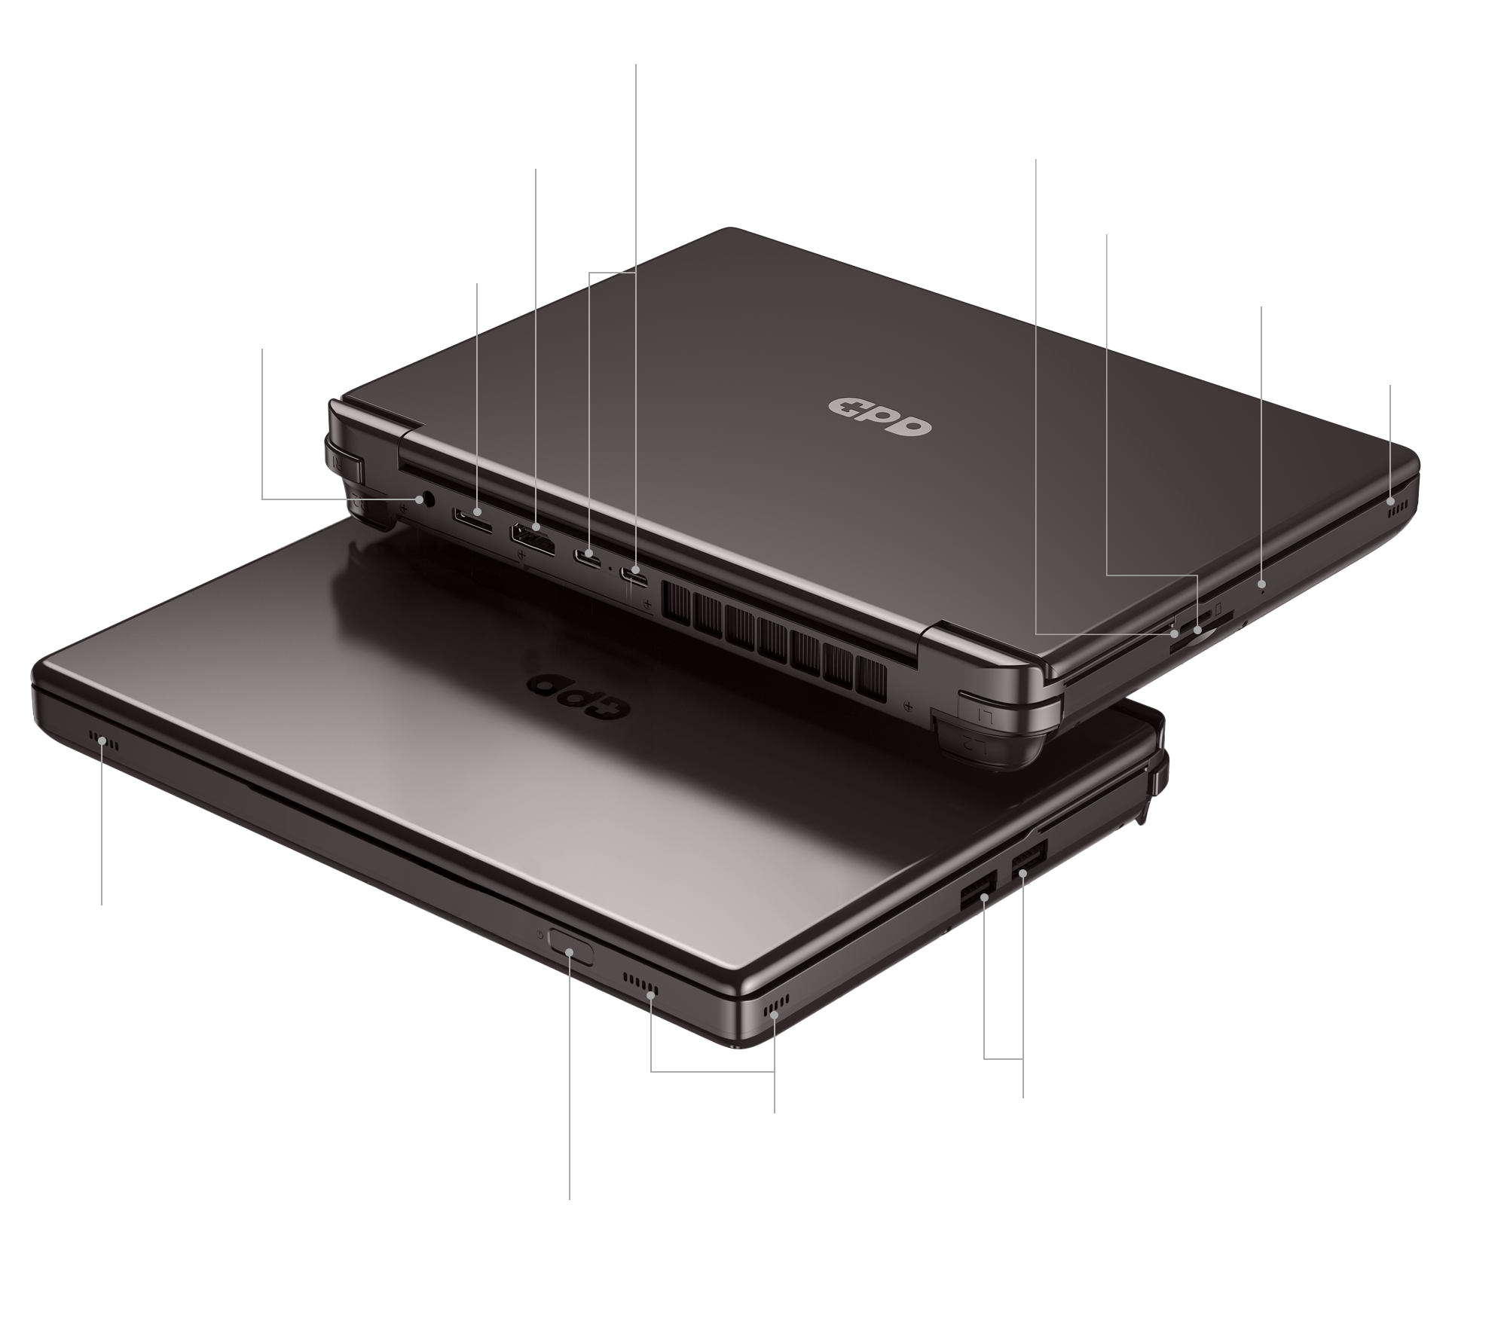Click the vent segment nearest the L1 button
coord(873,674)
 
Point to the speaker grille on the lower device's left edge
coord(104,741)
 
